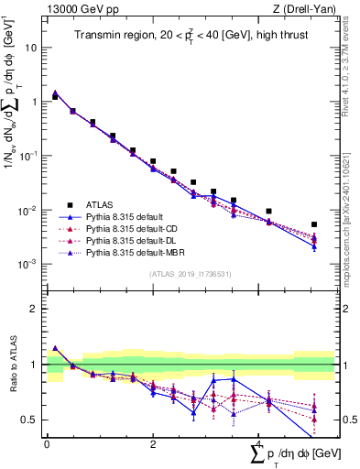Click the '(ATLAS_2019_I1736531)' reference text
(191, 274)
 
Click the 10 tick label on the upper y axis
(31, 47)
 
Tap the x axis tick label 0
(47, 444)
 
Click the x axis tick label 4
(258, 444)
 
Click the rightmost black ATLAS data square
(314, 224)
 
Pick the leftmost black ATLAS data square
(55, 96)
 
